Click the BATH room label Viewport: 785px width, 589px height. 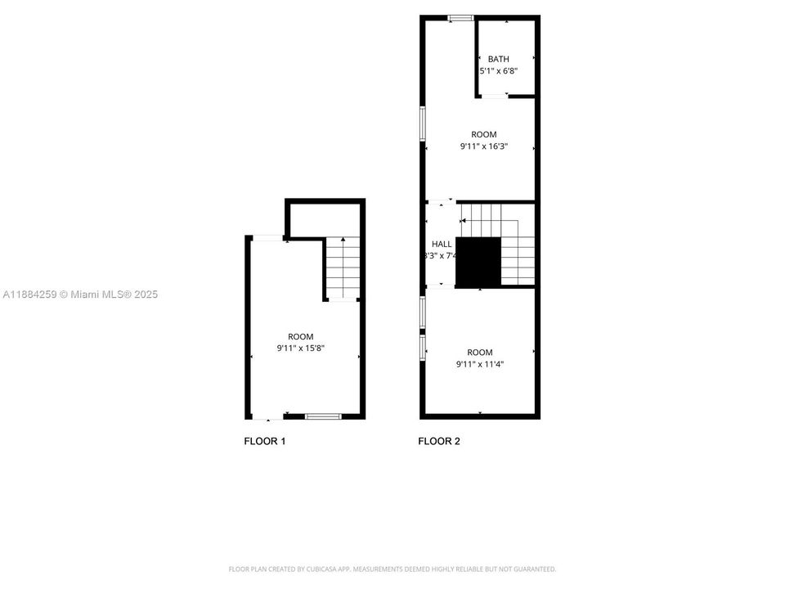tap(498, 59)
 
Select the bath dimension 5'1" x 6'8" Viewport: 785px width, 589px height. tap(498, 71)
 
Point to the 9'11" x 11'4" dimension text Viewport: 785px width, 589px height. tap(480, 365)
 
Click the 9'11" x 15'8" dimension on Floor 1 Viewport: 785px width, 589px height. tap(300, 349)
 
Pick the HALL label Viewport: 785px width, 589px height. tap(442, 244)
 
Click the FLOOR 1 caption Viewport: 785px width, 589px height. tap(264, 442)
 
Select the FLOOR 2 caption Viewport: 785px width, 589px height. tap(439, 442)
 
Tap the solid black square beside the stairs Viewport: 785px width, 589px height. tap(478, 262)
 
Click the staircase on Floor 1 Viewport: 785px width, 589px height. tap(343, 268)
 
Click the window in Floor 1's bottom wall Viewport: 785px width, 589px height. tap(323, 416)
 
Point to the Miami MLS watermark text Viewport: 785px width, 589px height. tap(80, 294)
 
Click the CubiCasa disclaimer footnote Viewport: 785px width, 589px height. tap(392, 569)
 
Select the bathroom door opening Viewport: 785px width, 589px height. tap(493, 97)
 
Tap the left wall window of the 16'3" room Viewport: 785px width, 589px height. tap(423, 123)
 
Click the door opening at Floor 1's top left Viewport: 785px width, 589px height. tap(267, 238)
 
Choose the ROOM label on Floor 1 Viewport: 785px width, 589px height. tap(300, 337)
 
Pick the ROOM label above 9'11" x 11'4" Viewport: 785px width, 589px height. tap(480, 353)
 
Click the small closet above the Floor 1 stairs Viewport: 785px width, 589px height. tap(325, 218)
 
